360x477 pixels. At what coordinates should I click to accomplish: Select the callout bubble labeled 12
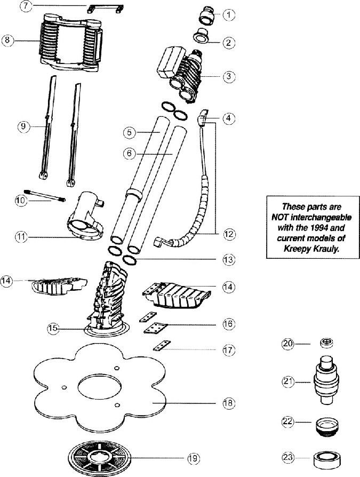(229, 234)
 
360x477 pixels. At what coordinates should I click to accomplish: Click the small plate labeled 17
(162, 346)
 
